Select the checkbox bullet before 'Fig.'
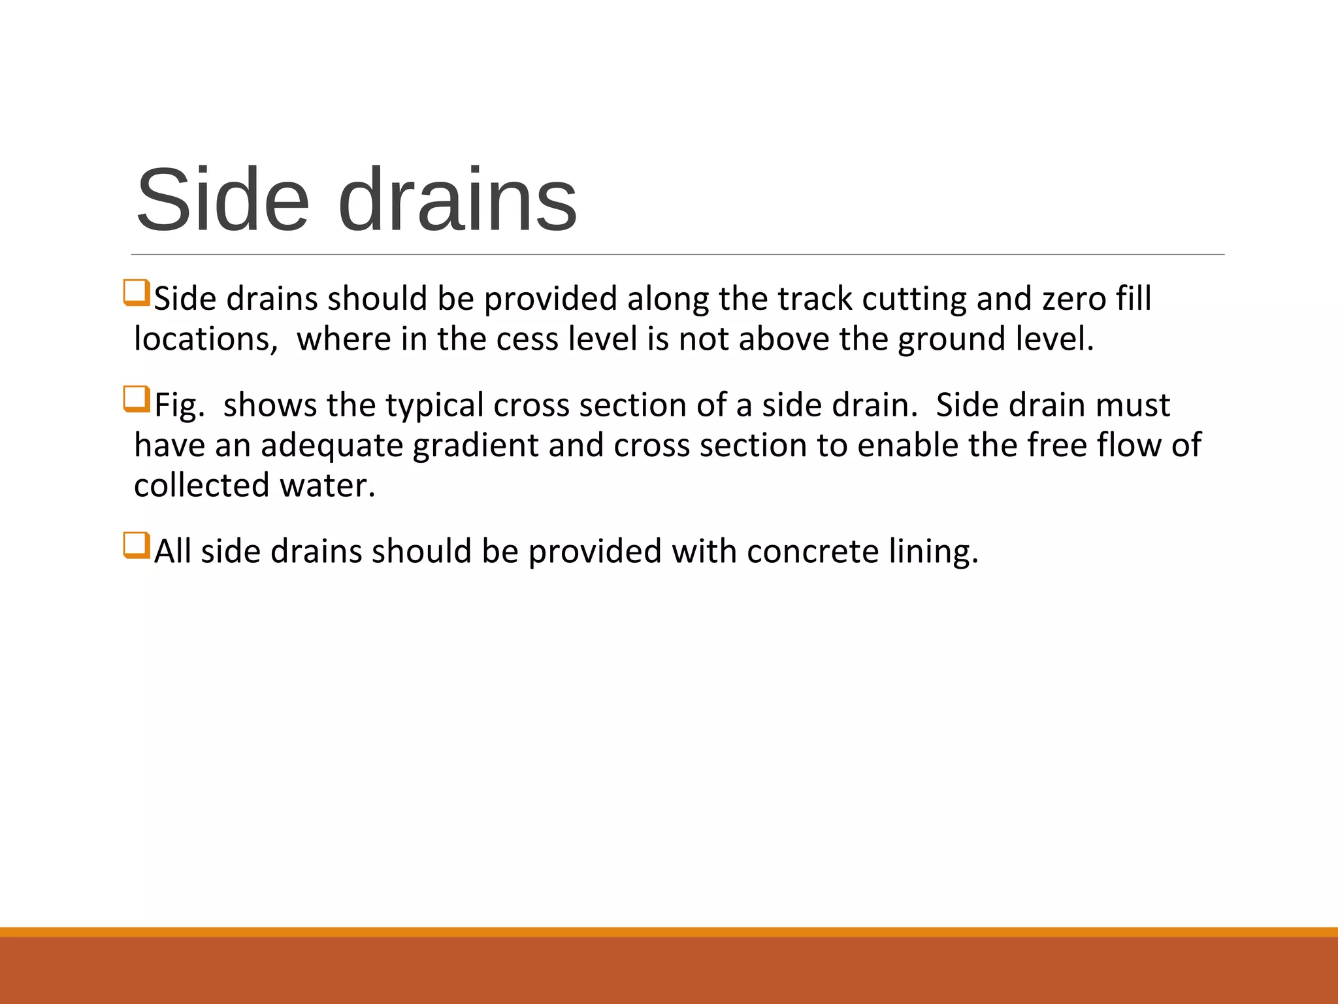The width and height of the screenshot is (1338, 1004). point(136,399)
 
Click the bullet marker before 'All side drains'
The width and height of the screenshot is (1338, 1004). point(136,546)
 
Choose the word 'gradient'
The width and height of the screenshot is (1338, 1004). point(476,446)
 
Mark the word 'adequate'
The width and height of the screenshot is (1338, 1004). point(332,446)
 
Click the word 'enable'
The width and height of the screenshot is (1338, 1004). point(907,446)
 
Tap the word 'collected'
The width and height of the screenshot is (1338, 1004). point(201,486)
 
